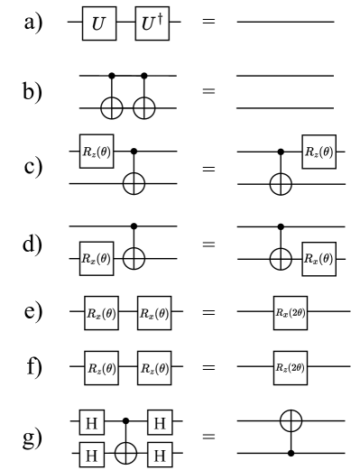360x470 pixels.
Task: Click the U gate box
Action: [98, 25]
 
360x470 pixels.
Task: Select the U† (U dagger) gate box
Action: [152, 25]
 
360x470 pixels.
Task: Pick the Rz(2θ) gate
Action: [290, 367]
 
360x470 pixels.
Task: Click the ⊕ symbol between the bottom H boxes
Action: [126, 455]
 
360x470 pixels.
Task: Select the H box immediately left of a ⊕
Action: [91, 455]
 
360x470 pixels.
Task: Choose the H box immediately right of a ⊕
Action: [160, 455]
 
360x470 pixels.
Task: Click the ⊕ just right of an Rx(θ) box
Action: [134, 259]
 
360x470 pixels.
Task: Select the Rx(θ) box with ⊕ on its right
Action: [97, 259]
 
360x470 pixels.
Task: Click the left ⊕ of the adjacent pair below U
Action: [112, 108]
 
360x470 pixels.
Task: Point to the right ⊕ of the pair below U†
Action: [144, 108]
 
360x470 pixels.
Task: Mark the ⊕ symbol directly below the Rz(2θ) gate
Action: [291, 420]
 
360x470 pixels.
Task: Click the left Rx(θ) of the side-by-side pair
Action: [100, 314]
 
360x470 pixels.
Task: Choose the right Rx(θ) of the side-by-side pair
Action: [153, 314]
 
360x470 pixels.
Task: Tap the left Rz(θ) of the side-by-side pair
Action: [101, 367]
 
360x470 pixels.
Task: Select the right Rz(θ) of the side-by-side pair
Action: [153, 367]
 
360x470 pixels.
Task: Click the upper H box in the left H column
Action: [91, 422]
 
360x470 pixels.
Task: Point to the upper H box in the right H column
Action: [160, 422]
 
